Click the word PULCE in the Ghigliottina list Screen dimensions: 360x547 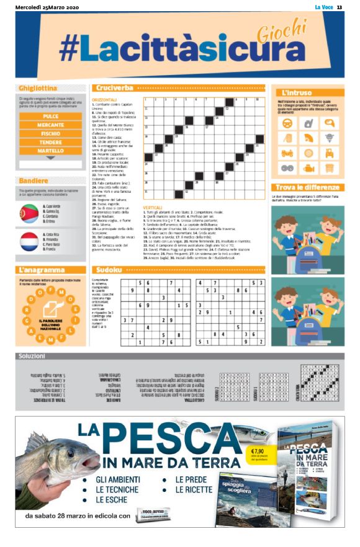[x=51, y=116]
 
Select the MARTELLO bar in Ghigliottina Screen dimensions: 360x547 [x=51, y=151]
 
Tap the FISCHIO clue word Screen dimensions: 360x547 [x=51, y=133]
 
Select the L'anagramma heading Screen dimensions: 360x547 [x=43, y=270]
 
